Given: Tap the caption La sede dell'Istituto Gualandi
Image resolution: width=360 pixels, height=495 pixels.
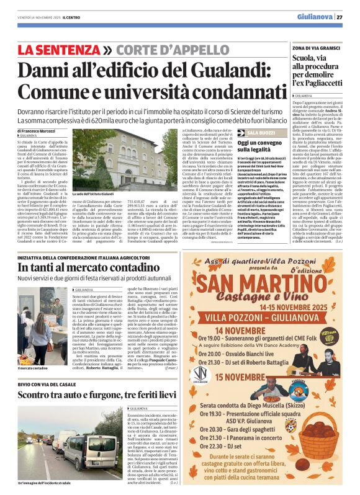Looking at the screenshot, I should [97, 194].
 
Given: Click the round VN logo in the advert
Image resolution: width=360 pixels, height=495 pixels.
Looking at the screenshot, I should [200, 373].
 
